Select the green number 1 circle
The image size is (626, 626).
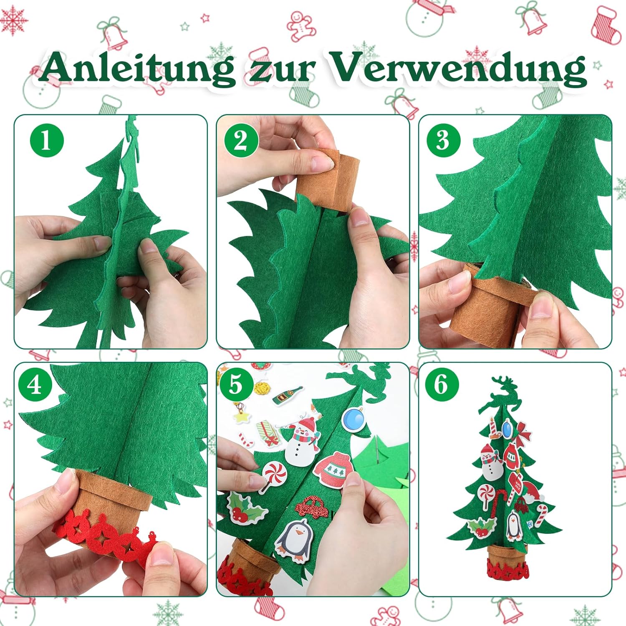pos(47,140)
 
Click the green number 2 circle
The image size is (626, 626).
pos(241,140)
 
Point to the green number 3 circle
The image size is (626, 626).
pos(443,140)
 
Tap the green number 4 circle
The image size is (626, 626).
pos(35,384)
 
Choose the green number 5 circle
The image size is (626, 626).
pos(236,384)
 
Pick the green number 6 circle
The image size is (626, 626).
pos(442,384)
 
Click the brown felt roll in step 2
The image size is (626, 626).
pos(330,179)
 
